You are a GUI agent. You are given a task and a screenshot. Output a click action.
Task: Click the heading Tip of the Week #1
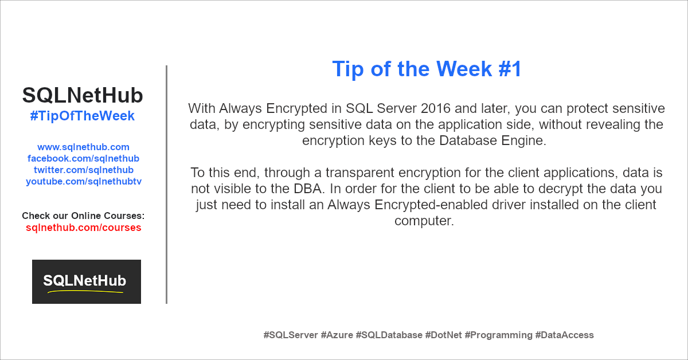pyautogui.click(x=427, y=69)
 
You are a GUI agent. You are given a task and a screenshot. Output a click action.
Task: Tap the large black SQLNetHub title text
pyautogui.click(x=83, y=95)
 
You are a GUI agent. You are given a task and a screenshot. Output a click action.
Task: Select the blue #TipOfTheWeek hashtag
pyautogui.click(x=83, y=116)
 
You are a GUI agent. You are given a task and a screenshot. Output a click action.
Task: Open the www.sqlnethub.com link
pyautogui.click(x=83, y=147)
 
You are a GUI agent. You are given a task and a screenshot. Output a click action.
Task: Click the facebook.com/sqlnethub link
pyautogui.click(x=83, y=158)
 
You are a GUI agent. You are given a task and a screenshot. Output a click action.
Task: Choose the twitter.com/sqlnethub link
pyautogui.click(x=84, y=170)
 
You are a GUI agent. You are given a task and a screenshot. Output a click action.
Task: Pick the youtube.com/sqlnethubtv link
pyautogui.click(x=84, y=182)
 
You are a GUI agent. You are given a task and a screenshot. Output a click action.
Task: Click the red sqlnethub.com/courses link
pyautogui.click(x=84, y=228)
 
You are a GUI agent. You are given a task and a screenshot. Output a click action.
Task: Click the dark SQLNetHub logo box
pyautogui.click(x=87, y=281)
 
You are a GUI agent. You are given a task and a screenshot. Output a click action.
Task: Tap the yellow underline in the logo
pyautogui.click(x=85, y=291)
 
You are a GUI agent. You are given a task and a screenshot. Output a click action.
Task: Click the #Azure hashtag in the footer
pyautogui.click(x=337, y=335)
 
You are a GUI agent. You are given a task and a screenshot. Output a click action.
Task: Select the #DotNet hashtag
pyautogui.click(x=443, y=335)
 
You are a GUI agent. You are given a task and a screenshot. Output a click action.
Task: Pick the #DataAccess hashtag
pyautogui.click(x=564, y=335)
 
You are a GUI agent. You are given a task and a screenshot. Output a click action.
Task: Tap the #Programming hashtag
pyautogui.click(x=498, y=335)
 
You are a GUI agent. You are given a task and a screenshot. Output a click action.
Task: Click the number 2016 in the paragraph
pyautogui.click(x=436, y=108)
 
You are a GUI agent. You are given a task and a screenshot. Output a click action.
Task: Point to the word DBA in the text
pyautogui.click(x=307, y=189)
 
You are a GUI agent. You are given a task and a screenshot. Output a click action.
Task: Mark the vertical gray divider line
pyautogui.click(x=166, y=185)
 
